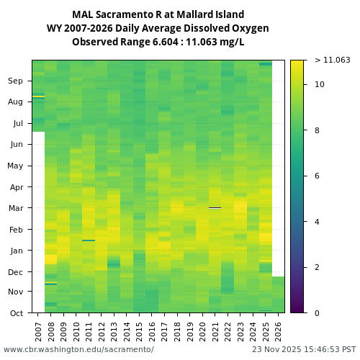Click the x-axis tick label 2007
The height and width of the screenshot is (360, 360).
tap(38, 330)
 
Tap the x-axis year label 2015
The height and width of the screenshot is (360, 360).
tap(139, 330)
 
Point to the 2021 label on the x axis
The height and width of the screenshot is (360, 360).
tap(215, 330)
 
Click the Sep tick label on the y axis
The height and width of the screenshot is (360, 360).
tap(16, 81)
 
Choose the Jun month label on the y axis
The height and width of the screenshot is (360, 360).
tap(16, 145)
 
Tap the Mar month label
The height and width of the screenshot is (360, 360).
tap(16, 209)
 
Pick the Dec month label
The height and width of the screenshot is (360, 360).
tap(16, 272)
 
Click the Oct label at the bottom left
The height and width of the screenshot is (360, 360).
tap(16, 313)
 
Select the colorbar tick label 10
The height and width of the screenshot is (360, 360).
tap(319, 85)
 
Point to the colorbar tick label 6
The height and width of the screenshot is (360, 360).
tap(317, 176)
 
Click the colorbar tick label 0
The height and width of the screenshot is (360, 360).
tap(317, 313)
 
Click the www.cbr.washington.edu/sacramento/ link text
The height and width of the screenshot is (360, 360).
tap(78, 349)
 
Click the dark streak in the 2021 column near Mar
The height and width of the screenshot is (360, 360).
tap(215, 207)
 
